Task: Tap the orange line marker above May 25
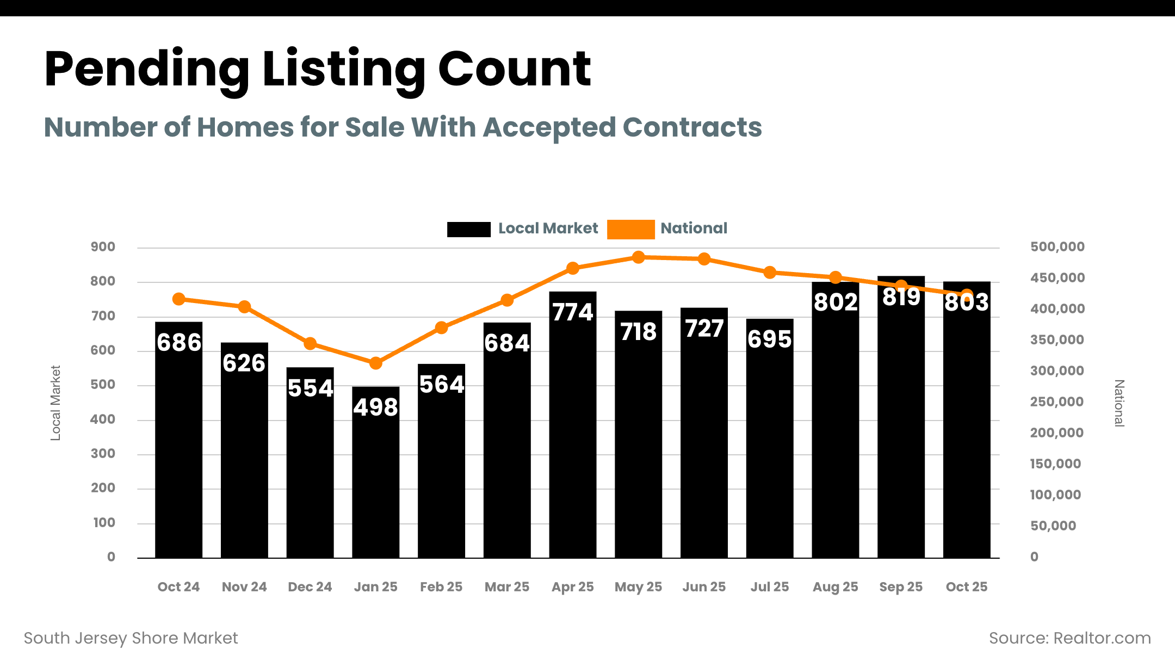click(x=639, y=257)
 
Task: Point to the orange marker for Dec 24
click(x=310, y=343)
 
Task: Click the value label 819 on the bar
click(x=901, y=297)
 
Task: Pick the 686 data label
click(x=179, y=343)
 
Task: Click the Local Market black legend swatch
click(x=468, y=229)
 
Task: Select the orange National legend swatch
click(x=630, y=229)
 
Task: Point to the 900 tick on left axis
click(x=103, y=247)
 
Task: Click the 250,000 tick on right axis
click(x=1056, y=402)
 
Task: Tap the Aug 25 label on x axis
click(x=835, y=587)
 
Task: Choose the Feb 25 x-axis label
click(x=441, y=587)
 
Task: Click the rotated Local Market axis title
click(x=55, y=403)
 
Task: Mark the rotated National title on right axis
click(x=1118, y=403)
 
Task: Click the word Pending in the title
click(x=147, y=70)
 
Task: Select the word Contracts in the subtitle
click(x=692, y=127)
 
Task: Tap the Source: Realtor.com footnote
click(x=1069, y=638)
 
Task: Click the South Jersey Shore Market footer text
click(x=131, y=638)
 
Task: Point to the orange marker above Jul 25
click(x=770, y=273)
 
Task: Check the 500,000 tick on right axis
click(x=1057, y=247)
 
